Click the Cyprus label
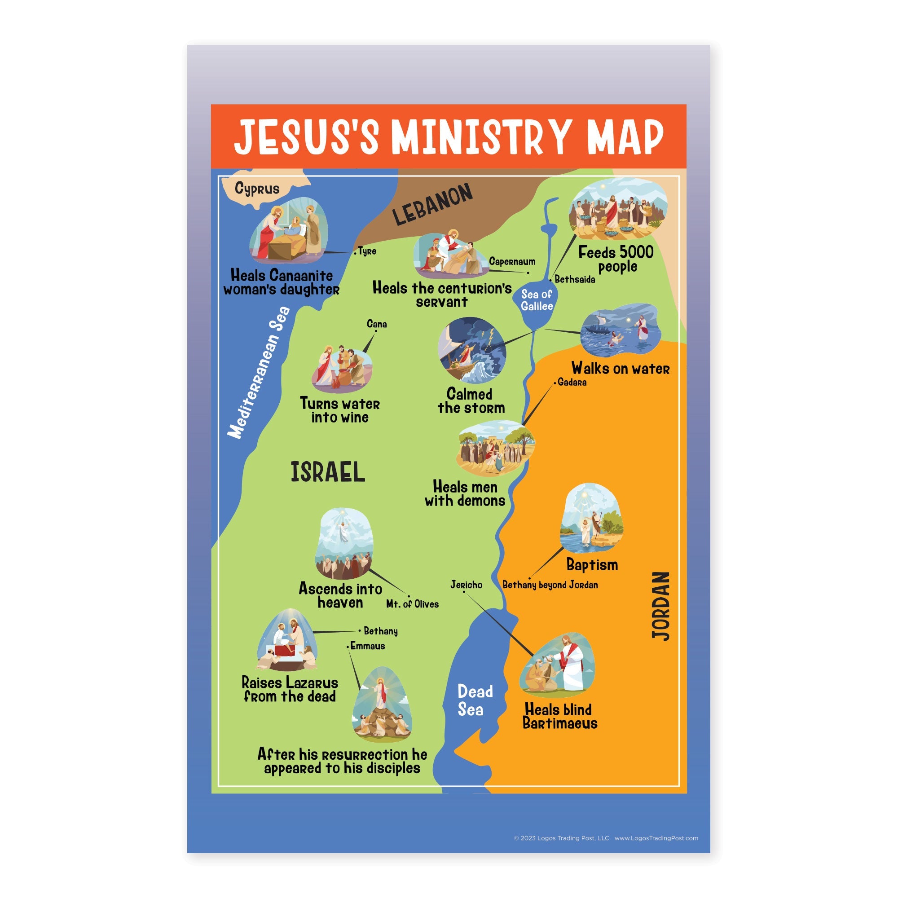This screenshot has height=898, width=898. pos(257,188)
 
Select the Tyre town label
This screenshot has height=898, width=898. pos(367,251)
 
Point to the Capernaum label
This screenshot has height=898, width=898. pos(512,262)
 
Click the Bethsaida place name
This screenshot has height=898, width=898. pos(575,279)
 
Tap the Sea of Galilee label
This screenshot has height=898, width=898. pos(537,300)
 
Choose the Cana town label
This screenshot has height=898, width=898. pos(377,324)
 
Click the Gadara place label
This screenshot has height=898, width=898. pos(572,382)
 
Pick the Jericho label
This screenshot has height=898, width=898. pos(466,585)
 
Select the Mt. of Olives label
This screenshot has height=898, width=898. pos(412,604)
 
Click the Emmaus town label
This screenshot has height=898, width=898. pos(367,646)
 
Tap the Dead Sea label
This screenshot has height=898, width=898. pos(474,700)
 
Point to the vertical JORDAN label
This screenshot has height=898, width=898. pos(660,606)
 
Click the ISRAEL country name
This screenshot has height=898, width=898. pos(328,472)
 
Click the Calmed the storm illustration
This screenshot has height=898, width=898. pos(471,351)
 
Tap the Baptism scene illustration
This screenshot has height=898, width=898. pos(592,518)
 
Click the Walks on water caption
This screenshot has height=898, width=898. pos(620,369)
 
